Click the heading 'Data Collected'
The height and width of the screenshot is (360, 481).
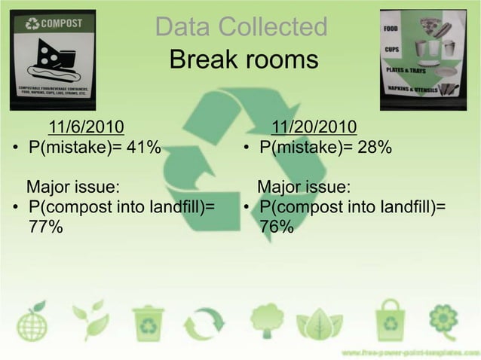[240, 28]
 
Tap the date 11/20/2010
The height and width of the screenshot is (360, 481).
[314, 126]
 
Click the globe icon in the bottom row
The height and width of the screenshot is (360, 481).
[32, 325]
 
